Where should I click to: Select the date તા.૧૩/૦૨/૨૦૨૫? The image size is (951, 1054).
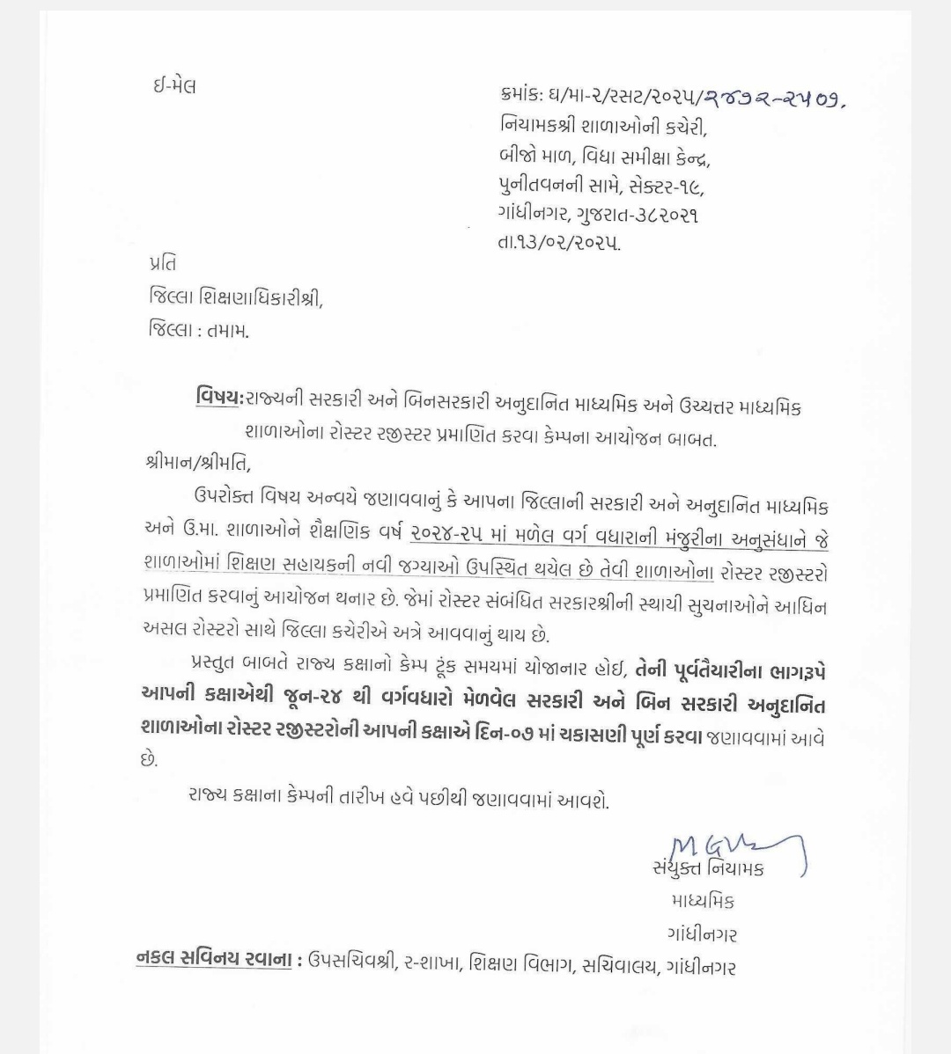[x=558, y=243]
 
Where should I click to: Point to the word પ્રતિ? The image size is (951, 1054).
[x=163, y=263]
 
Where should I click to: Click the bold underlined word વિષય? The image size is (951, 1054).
[x=217, y=399]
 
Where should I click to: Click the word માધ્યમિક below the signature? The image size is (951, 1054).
[x=703, y=902]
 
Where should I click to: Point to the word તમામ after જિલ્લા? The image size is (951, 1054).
[x=228, y=332]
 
